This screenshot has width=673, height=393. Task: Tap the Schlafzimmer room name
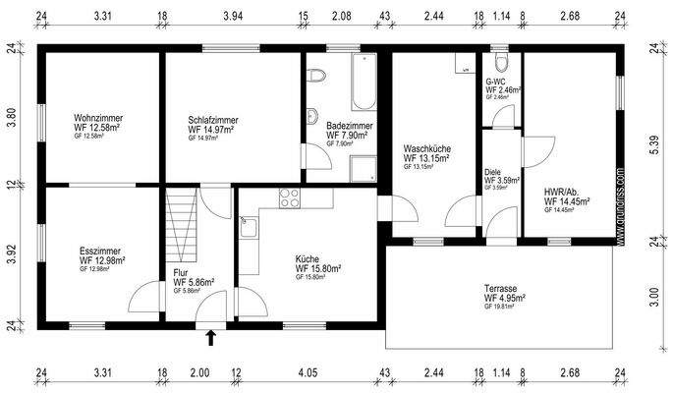[x=213, y=120]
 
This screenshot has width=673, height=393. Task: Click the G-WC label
[x=496, y=83]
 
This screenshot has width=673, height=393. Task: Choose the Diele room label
[x=493, y=173]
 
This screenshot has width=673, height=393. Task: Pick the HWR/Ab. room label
[x=564, y=192]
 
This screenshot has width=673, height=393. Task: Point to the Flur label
[x=181, y=273]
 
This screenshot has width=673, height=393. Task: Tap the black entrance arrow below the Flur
[x=210, y=340]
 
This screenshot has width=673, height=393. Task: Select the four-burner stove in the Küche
[x=290, y=196]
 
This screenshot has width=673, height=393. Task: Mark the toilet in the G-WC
[x=501, y=58]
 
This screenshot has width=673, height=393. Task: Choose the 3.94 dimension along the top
[x=232, y=17]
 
